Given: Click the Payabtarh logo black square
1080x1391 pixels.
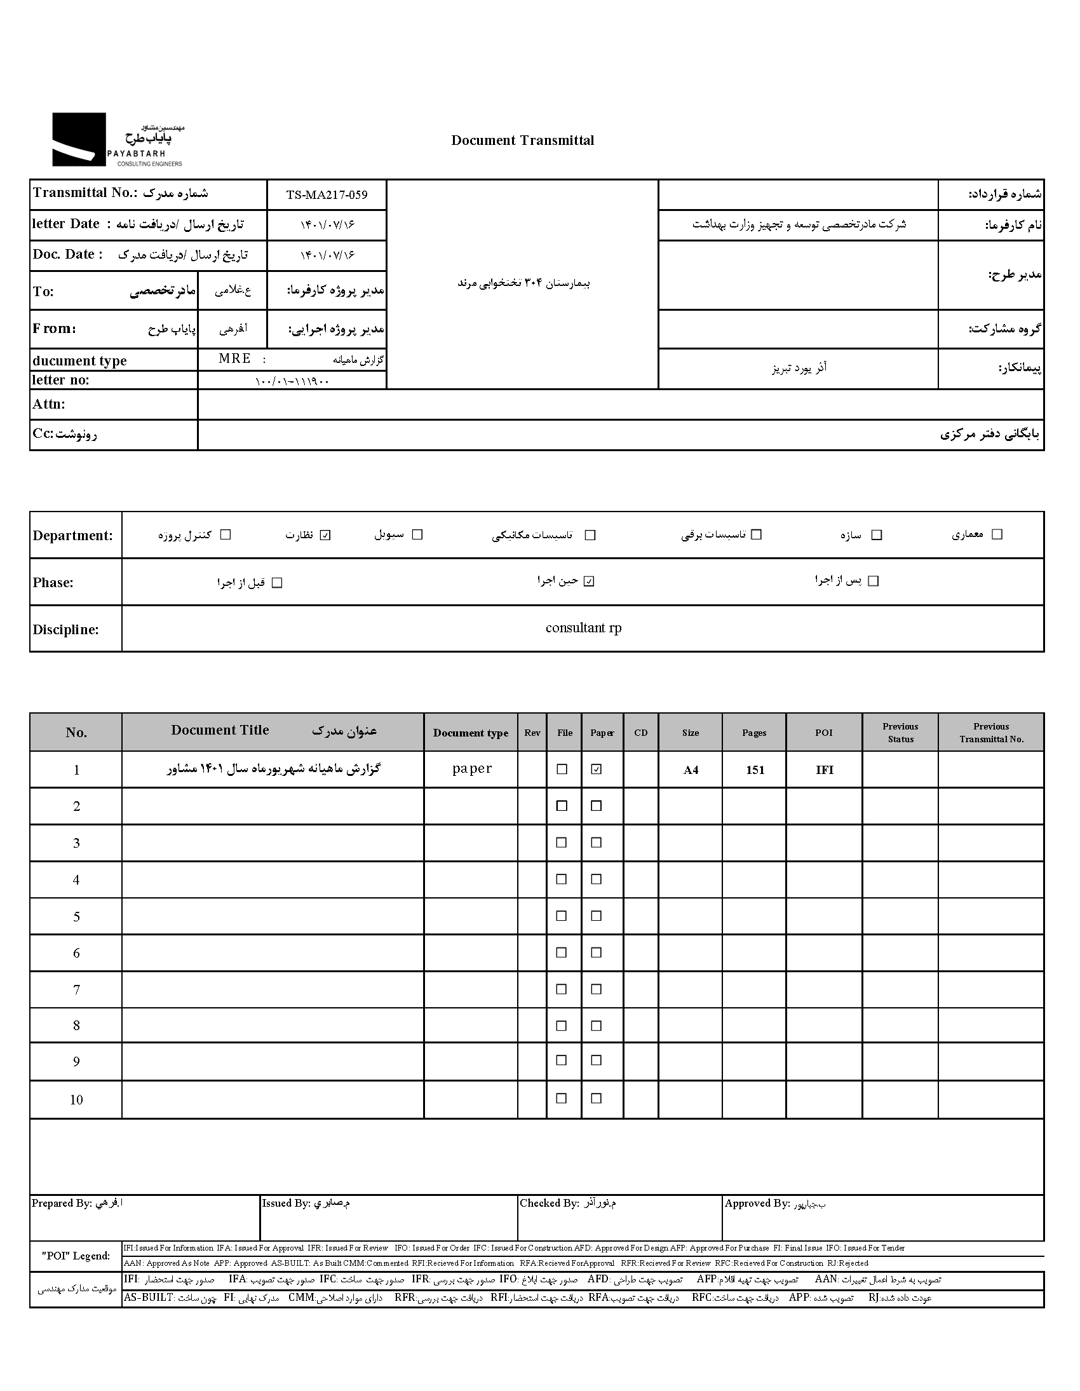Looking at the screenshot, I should point(79,140).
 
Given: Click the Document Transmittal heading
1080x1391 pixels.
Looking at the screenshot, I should point(522,141).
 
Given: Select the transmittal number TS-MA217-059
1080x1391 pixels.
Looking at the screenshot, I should point(327,195).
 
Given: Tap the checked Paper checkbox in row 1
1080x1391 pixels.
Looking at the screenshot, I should point(596,770).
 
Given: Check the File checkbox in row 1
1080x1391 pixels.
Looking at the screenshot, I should point(562,770).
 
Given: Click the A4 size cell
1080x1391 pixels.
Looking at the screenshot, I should point(691,770).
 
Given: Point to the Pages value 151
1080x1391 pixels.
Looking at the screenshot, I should point(755,770).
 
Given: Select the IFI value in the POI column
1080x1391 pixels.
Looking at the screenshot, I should point(824,770).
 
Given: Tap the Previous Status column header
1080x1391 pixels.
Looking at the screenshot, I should point(900,733).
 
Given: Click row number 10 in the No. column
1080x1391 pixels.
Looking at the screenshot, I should point(76,1100).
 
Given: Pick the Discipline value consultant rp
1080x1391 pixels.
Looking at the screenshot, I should point(583,628).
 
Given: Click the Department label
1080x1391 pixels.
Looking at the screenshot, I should point(72,536).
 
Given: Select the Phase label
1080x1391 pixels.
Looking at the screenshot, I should point(53,583).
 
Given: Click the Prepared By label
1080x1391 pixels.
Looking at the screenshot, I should point(62,1203).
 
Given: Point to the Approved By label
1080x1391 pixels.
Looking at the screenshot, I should point(757,1203).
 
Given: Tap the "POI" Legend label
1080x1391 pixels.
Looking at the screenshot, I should point(76,1256).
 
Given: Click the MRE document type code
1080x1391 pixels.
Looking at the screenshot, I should point(234,358).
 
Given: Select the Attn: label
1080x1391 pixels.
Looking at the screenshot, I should point(49,404).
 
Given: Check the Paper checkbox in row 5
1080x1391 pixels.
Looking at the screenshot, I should point(596,916).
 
